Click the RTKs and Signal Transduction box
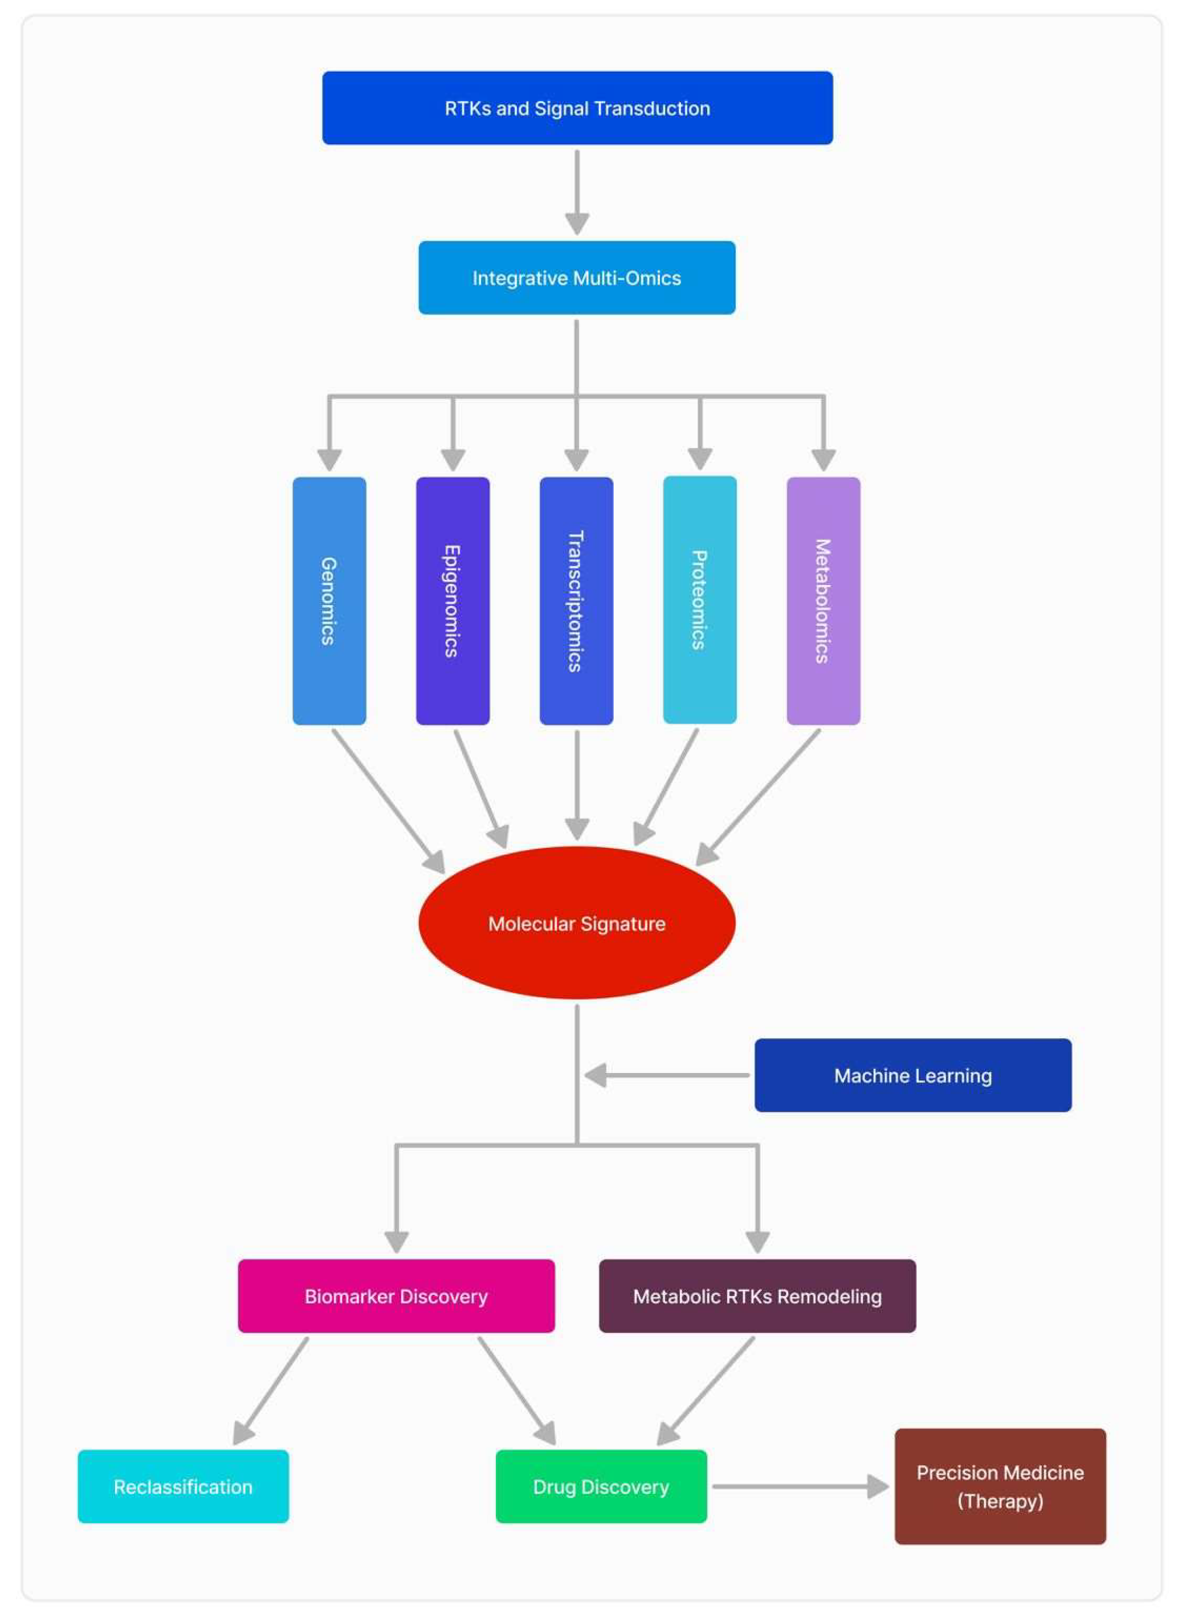(x=577, y=108)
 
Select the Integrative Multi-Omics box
(x=577, y=277)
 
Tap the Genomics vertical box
(x=329, y=600)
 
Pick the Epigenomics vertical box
(x=453, y=600)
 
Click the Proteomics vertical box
(x=699, y=600)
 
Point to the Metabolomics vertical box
(x=823, y=600)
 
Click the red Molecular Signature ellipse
(x=577, y=923)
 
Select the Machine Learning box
(x=912, y=1075)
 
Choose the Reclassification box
(x=183, y=1486)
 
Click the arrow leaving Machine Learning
(x=668, y=1075)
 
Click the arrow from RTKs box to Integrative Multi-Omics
(x=577, y=190)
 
